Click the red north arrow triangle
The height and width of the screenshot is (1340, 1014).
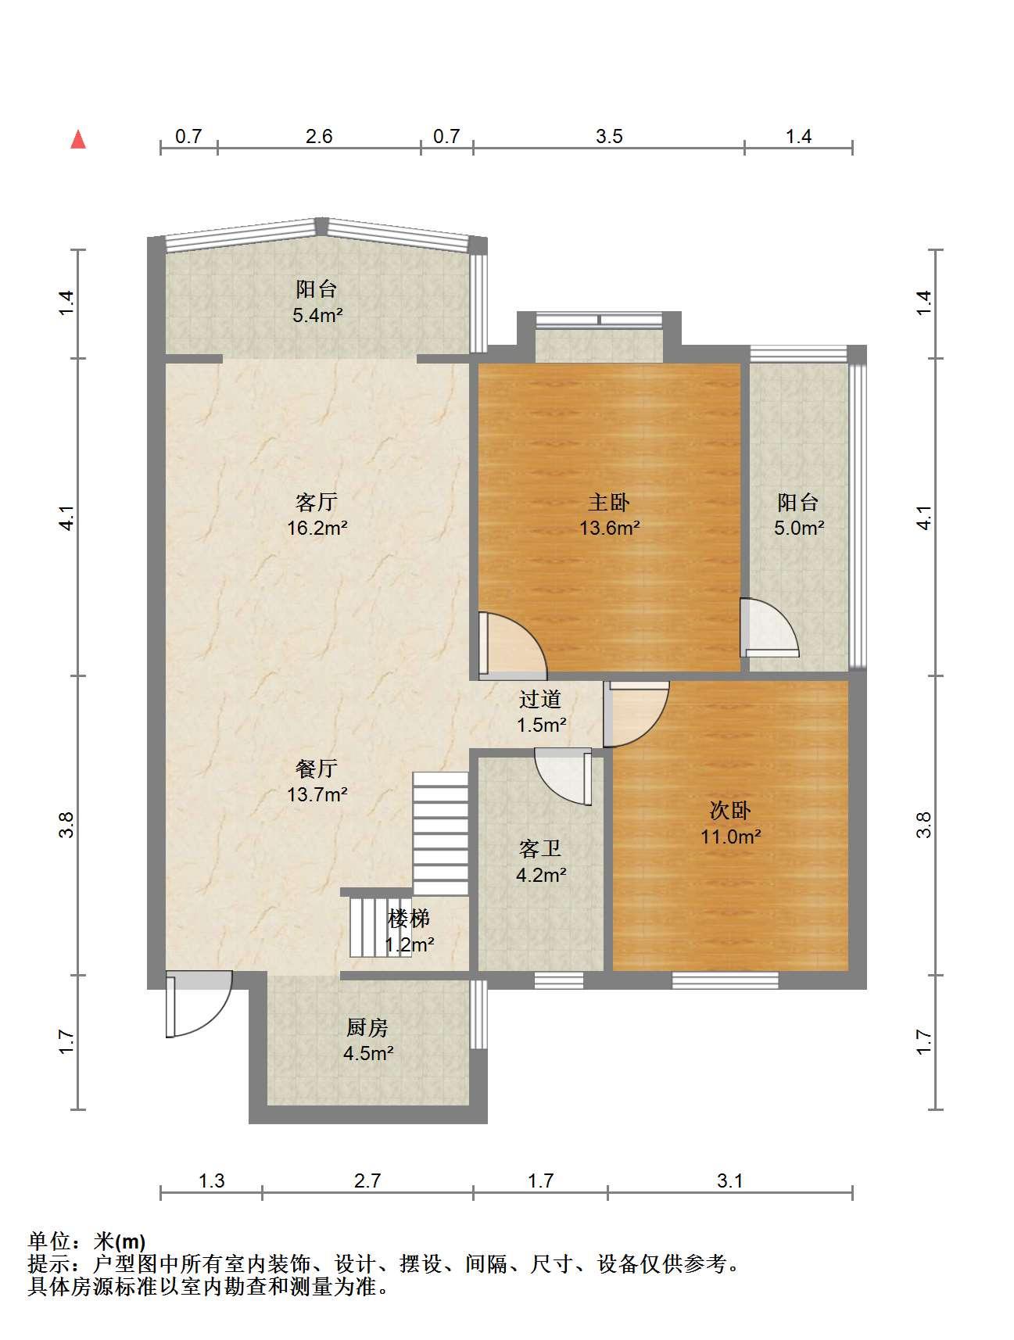78,139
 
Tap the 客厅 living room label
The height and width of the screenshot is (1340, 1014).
317,501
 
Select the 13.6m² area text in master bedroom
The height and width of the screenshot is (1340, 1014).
610,528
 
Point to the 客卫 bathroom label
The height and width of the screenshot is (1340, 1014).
540,849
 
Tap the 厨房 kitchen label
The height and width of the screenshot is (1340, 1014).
367,1026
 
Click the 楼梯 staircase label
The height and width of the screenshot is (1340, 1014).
409,919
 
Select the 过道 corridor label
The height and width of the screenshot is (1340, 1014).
540,699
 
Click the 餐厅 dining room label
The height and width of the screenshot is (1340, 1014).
317,769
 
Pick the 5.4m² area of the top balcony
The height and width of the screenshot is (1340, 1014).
317,315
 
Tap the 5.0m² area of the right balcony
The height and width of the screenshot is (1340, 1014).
799,528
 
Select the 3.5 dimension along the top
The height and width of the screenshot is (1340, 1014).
609,137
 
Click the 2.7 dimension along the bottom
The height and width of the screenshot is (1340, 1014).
367,1181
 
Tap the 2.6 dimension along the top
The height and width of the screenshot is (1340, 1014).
319,137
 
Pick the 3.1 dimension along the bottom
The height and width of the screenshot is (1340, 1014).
730,1181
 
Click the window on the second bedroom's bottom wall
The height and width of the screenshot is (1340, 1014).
726,980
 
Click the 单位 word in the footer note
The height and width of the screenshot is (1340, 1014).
48,1241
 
